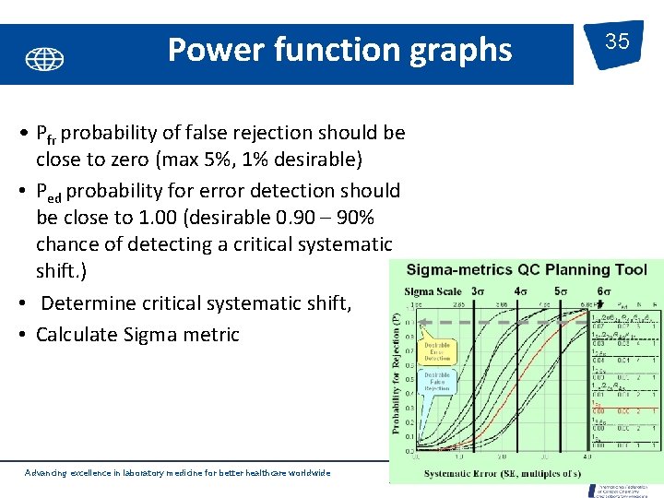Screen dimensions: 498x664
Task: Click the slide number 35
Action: (617, 41)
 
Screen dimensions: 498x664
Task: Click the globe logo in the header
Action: (44, 60)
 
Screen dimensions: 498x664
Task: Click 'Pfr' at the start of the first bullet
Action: (46, 134)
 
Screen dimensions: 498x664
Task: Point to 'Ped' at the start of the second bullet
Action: (48, 192)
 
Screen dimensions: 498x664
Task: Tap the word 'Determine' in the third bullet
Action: (86, 303)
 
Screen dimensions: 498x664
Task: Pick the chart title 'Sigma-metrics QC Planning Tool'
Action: (520, 270)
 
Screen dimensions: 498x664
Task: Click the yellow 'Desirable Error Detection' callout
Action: (436, 350)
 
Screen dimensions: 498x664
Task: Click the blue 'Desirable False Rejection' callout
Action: (436, 383)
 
